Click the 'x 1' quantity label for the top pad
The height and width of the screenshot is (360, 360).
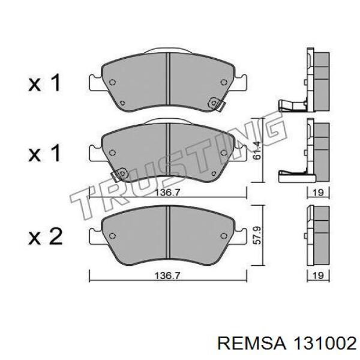pos(45,83)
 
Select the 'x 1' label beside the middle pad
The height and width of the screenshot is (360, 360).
pos(45,154)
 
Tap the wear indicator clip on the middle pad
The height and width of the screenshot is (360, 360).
pos(120,174)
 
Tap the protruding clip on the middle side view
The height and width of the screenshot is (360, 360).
pos(291,175)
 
